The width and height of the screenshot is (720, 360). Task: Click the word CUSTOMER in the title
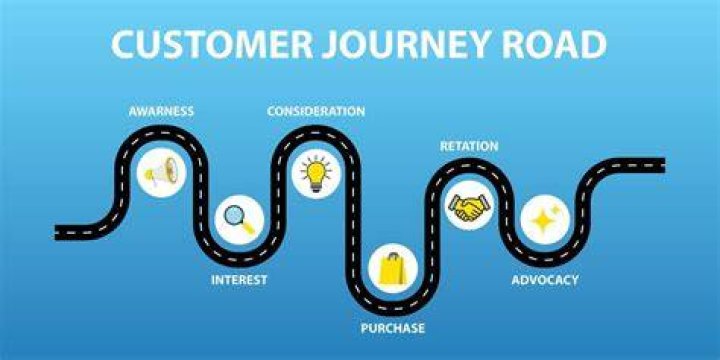tap(212, 45)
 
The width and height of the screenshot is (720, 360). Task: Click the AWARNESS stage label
tap(161, 112)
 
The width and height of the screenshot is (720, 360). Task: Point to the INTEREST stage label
tap(239, 280)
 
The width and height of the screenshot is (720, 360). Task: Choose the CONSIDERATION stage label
tap(316, 112)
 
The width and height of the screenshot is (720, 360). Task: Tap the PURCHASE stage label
tap(393, 328)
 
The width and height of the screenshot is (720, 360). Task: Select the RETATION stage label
tap(469, 146)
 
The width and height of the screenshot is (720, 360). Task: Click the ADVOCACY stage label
tap(545, 280)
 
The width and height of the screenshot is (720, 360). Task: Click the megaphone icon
tap(161, 172)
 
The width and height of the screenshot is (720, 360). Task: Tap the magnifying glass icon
tap(239, 219)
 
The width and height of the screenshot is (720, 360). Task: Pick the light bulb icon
tap(316, 174)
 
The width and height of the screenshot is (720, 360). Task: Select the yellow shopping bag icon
tap(393, 268)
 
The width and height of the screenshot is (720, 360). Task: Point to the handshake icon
tap(469, 207)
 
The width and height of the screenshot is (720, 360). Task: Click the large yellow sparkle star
tap(542, 221)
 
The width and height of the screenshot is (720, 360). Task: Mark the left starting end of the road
tap(56, 232)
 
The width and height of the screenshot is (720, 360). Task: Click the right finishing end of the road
tap(664, 165)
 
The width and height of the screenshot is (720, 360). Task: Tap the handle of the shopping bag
tap(392, 256)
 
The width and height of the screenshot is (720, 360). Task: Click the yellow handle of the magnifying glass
tap(248, 227)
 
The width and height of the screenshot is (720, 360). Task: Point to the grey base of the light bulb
tap(316, 187)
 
